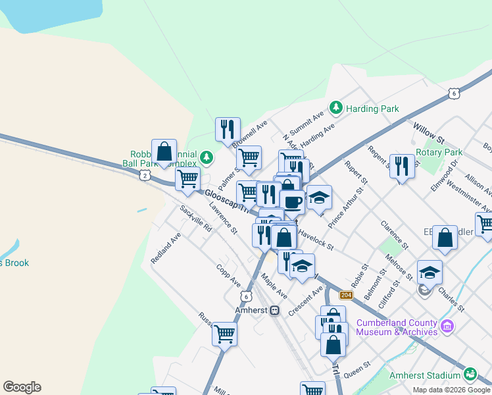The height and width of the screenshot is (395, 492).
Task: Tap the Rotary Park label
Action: pyautogui.click(x=439, y=152)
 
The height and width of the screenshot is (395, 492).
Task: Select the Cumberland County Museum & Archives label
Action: pyautogui.click(x=397, y=327)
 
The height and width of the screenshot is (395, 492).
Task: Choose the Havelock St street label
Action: pyautogui.click(x=316, y=239)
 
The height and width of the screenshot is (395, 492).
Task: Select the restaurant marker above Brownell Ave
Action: pyautogui.click(x=228, y=129)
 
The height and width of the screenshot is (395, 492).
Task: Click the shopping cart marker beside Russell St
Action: pyautogui.click(x=224, y=334)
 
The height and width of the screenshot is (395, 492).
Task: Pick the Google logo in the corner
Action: pyautogui.click(x=22, y=387)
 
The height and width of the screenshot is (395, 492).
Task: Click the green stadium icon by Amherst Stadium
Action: pyautogui.click(x=470, y=375)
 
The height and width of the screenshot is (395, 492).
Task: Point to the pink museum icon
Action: pyautogui.click(x=447, y=326)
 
